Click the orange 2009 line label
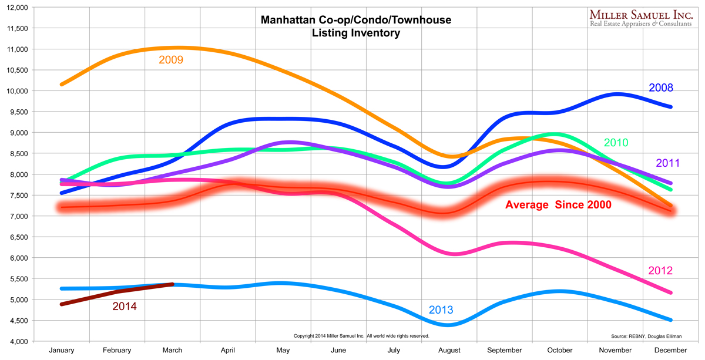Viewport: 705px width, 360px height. pos(171,60)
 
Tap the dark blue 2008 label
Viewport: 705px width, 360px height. pos(661,88)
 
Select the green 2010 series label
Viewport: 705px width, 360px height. pos(616,143)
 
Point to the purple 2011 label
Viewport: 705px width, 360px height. pos(669,163)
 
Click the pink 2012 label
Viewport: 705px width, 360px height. pos(660,271)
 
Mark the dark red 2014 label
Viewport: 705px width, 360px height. pos(125,306)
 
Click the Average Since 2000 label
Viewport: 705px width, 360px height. pos(558,205)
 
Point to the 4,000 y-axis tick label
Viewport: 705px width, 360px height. pos(18,341)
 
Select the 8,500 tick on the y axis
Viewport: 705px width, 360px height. pos(18,154)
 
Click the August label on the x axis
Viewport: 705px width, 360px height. pos(449,351)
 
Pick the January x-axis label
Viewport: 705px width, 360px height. pos(62,351)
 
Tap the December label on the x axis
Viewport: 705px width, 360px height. pos(671,351)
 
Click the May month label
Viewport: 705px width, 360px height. pos(283,351)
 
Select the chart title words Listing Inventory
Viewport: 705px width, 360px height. pos(356,33)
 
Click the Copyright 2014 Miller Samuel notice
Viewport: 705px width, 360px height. pos(361,336)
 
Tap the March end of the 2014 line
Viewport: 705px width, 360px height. pos(172,284)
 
